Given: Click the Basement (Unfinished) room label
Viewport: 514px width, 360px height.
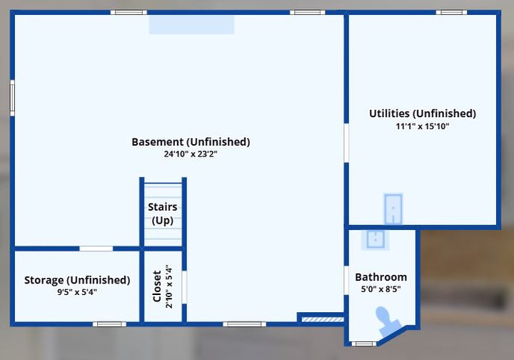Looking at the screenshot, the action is point(191,142).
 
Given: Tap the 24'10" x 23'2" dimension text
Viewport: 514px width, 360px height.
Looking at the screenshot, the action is point(191,154).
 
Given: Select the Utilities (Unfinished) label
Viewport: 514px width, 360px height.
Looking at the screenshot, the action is point(423,114).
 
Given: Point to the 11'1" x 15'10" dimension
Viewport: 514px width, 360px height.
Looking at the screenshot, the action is point(423,126).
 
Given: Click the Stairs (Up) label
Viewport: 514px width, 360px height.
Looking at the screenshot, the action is point(163,214).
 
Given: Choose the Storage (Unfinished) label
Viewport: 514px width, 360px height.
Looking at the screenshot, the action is point(77,280).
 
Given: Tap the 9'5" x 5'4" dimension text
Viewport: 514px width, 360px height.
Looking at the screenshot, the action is point(77,292).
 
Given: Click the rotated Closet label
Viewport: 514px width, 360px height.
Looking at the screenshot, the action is point(157,286).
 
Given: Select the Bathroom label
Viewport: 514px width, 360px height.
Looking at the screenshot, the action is point(381,277).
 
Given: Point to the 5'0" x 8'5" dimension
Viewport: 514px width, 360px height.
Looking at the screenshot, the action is point(381,289).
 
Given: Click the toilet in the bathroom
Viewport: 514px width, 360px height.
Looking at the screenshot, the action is point(387,321).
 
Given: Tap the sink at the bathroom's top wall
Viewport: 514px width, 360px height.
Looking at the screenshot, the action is point(376,239).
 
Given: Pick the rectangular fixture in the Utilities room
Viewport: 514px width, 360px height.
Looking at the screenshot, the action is point(393,209).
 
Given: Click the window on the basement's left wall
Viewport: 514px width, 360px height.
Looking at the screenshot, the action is point(12,98).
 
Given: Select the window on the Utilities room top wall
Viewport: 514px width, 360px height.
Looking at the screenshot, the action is point(451,12).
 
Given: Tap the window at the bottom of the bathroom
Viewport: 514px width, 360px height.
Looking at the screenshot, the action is point(364,344).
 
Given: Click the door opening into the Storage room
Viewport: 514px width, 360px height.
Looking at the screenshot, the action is point(96,249).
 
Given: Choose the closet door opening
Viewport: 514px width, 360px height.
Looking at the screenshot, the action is point(184,287).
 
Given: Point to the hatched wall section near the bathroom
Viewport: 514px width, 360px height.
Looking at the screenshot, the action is point(323,319).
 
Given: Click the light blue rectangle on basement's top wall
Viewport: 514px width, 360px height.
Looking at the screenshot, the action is point(192,24).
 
